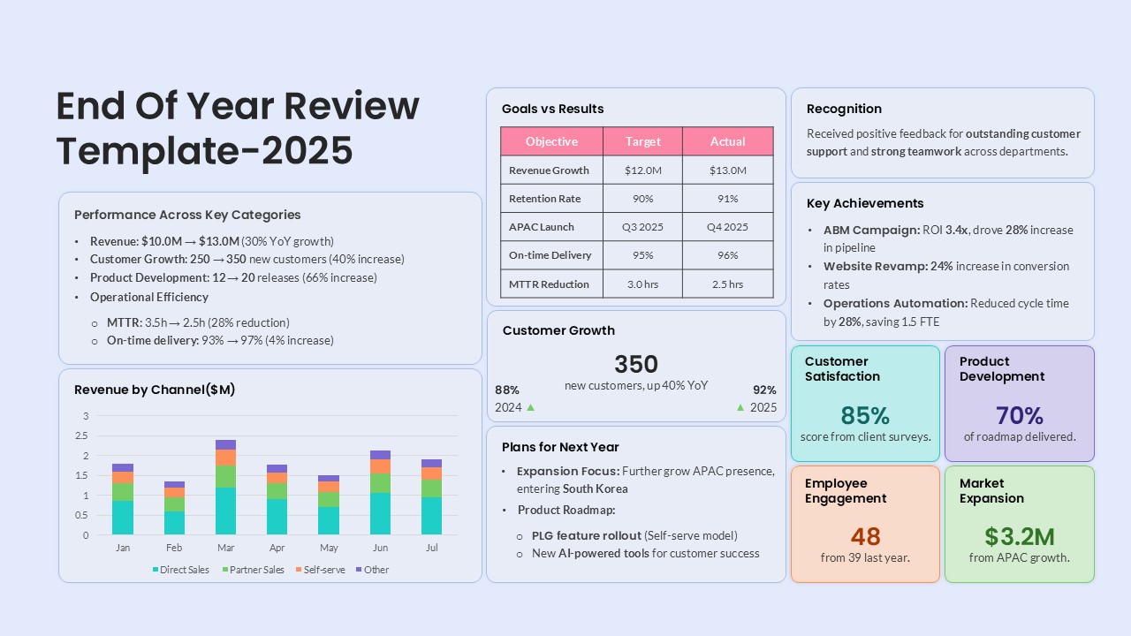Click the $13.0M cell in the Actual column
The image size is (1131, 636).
click(727, 170)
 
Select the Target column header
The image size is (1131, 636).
click(642, 141)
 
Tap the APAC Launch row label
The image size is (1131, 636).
click(541, 227)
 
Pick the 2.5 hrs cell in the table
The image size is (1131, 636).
click(727, 284)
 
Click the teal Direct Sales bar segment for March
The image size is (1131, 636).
click(225, 511)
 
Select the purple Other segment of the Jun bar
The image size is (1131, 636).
click(380, 455)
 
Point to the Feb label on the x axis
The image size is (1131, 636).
click(174, 548)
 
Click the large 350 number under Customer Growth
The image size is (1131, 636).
click(636, 364)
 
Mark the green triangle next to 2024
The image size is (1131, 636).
click(531, 407)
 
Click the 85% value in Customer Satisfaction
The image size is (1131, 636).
click(865, 415)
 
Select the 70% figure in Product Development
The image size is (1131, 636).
click(1019, 415)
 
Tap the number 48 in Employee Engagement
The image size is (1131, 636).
click(865, 536)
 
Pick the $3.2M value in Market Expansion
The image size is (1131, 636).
click(1019, 536)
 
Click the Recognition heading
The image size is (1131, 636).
click(844, 109)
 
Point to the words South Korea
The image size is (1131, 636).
click(596, 488)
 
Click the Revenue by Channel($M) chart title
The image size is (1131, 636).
click(155, 390)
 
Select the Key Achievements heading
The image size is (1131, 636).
click(865, 203)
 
